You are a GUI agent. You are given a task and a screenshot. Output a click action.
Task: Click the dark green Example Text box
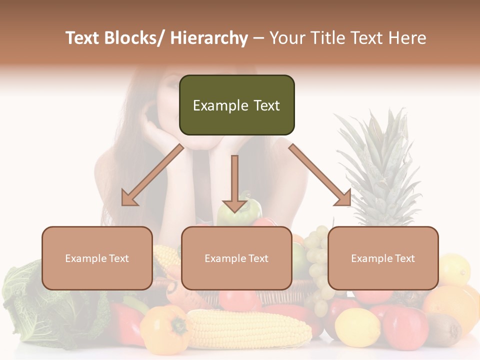[x=236, y=105]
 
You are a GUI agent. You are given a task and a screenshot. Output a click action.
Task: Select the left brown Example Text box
[x=97, y=258]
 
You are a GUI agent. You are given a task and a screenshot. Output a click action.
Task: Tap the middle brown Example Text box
[x=236, y=258]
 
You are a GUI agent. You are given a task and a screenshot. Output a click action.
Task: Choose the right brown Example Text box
[x=383, y=258]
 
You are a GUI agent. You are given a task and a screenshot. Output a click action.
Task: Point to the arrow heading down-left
[x=152, y=175]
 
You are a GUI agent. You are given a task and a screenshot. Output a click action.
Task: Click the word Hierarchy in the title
[x=209, y=38]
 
